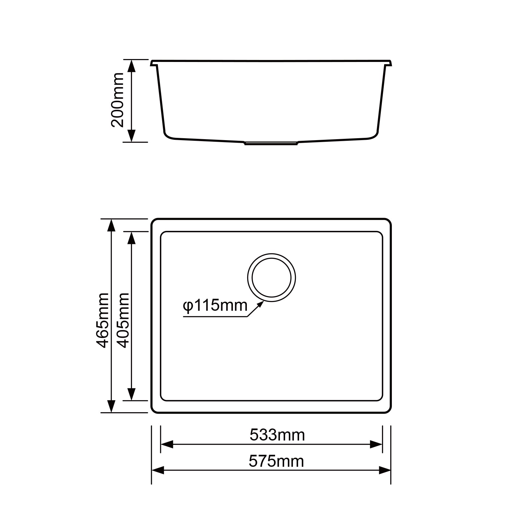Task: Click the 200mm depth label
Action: click(x=117, y=100)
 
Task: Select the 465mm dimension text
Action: click(x=103, y=320)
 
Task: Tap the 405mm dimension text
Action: click(x=123, y=320)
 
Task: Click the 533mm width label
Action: click(x=277, y=435)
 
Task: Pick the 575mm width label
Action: click(x=276, y=461)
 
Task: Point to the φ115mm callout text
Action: click(x=215, y=306)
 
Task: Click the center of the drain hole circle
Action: click(x=272, y=278)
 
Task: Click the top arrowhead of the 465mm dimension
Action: click(x=111, y=225)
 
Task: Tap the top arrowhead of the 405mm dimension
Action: click(x=131, y=238)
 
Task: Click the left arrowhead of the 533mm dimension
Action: click(x=167, y=444)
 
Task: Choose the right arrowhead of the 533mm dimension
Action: click(x=376, y=444)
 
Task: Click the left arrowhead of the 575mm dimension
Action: click(x=158, y=470)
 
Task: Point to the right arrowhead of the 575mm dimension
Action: click(x=385, y=470)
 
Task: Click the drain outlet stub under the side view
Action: click(x=271, y=143)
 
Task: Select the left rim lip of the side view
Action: click(x=154, y=63)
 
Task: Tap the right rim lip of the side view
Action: click(x=389, y=63)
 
